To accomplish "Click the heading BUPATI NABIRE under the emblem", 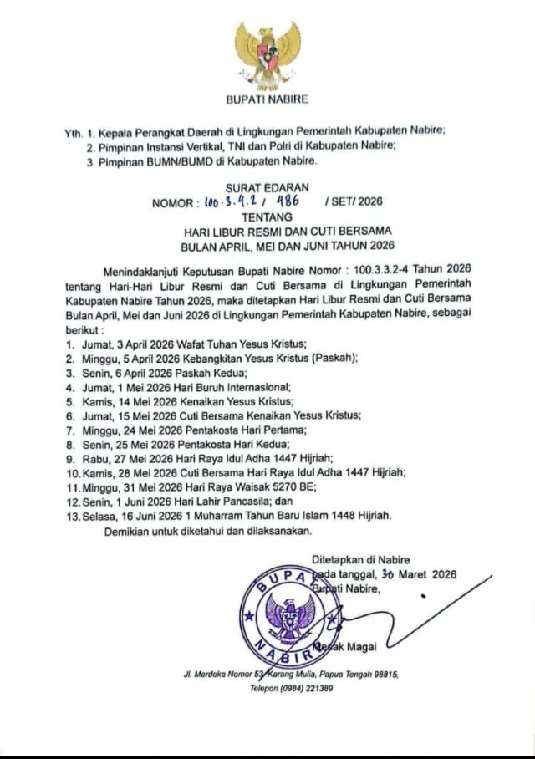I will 267,99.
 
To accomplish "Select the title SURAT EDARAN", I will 267,188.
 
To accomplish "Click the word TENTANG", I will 267,215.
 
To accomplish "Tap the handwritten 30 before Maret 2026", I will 386,574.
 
